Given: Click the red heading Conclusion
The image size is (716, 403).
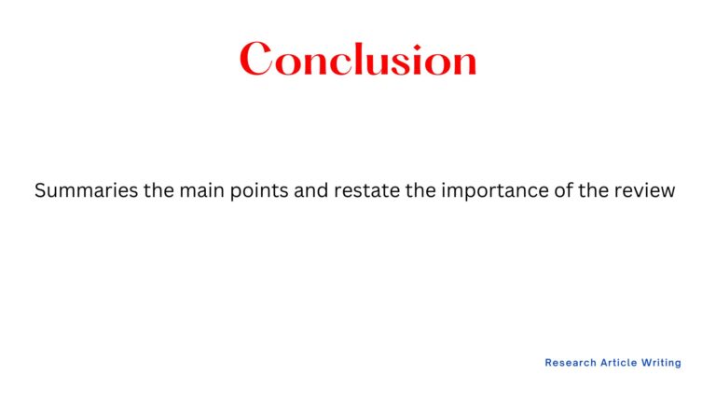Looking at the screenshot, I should point(358,60).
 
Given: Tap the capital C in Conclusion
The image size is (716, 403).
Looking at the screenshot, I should point(256,60).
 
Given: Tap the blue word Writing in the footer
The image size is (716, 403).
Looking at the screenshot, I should point(662,363).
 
